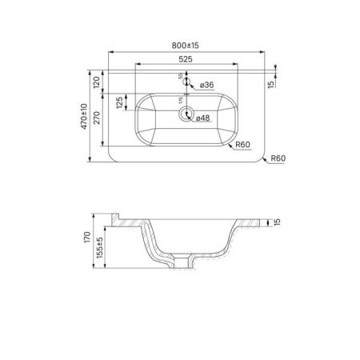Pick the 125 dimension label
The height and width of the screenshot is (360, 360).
click(x=119, y=103)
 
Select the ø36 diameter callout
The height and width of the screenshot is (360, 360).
click(x=206, y=84)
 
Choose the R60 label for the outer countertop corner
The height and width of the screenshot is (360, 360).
click(x=277, y=158)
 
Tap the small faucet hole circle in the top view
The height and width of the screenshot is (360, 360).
click(x=186, y=81)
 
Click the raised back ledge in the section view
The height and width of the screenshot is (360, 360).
click(x=116, y=218)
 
